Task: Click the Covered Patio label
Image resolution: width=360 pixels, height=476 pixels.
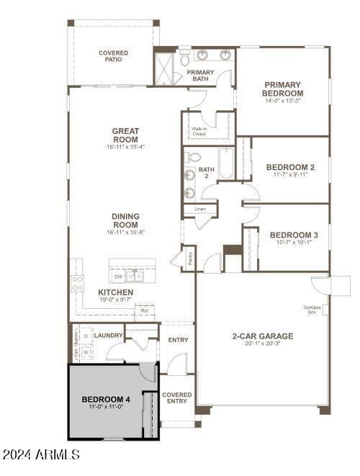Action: [x=113, y=56]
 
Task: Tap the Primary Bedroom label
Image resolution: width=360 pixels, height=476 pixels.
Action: [x=283, y=89]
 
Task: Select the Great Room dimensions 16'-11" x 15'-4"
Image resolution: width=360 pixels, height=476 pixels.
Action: [x=125, y=147]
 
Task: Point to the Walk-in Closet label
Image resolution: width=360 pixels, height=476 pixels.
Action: [x=199, y=130]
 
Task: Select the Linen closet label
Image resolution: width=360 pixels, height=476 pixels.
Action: [x=200, y=209]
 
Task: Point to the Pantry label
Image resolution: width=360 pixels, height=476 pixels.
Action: [x=189, y=259]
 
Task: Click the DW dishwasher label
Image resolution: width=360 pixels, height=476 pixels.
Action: [x=118, y=276]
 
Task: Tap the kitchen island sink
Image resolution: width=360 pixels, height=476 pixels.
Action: [x=135, y=275]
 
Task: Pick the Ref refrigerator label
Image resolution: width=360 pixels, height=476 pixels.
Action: [x=145, y=311]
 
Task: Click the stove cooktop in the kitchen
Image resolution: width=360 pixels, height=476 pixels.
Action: [x=77, y=282]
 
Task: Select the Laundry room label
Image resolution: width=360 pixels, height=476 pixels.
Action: [x=108, y=336]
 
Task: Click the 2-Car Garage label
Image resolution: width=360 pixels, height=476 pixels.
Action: [x=262, y=336]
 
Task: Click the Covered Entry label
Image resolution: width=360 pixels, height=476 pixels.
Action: [x=177, y=399]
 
